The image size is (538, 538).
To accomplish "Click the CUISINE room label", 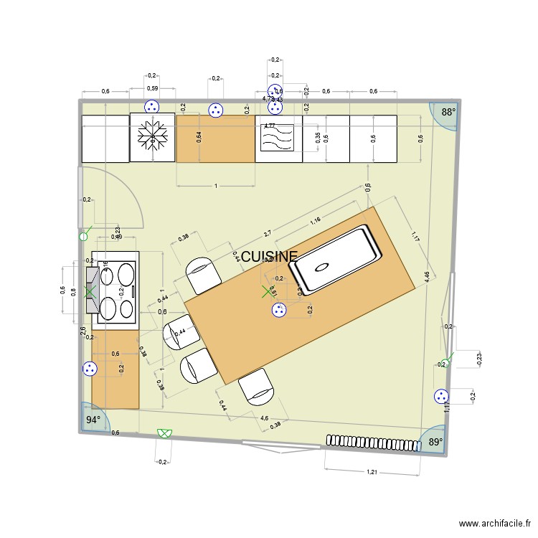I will pyautogui.click(x=269, y=257).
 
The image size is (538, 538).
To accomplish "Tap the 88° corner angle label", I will pyautogui.click(x=448, y=112).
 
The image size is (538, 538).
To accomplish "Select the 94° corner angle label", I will pyautogui.click(x=93, y=420).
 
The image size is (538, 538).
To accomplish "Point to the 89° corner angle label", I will pyautogui.click(x=435, y=443).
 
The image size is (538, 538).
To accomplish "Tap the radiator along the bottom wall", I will pyautogui.click(x=372, y=443).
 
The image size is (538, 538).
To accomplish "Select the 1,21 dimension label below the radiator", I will pyautogui.click(x=372, y=472).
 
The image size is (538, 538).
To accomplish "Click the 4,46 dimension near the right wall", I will pyautogui.click(x=427, y=278).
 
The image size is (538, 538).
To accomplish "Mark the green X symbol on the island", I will pyautogui.click(x=268, y=291).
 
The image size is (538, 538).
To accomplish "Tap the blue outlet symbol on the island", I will pyautogui.click(x=278, y=310).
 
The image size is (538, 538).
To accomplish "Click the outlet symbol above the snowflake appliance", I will pyautogui.click(x=151, y=107).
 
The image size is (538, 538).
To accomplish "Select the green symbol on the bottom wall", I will pyautogui.click(x=164, y=433).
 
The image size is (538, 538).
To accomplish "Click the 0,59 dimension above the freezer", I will pyautogui.click(x=152, y=88).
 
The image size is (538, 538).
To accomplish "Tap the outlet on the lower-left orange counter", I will pyautogui.click(x=90, y=369).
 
